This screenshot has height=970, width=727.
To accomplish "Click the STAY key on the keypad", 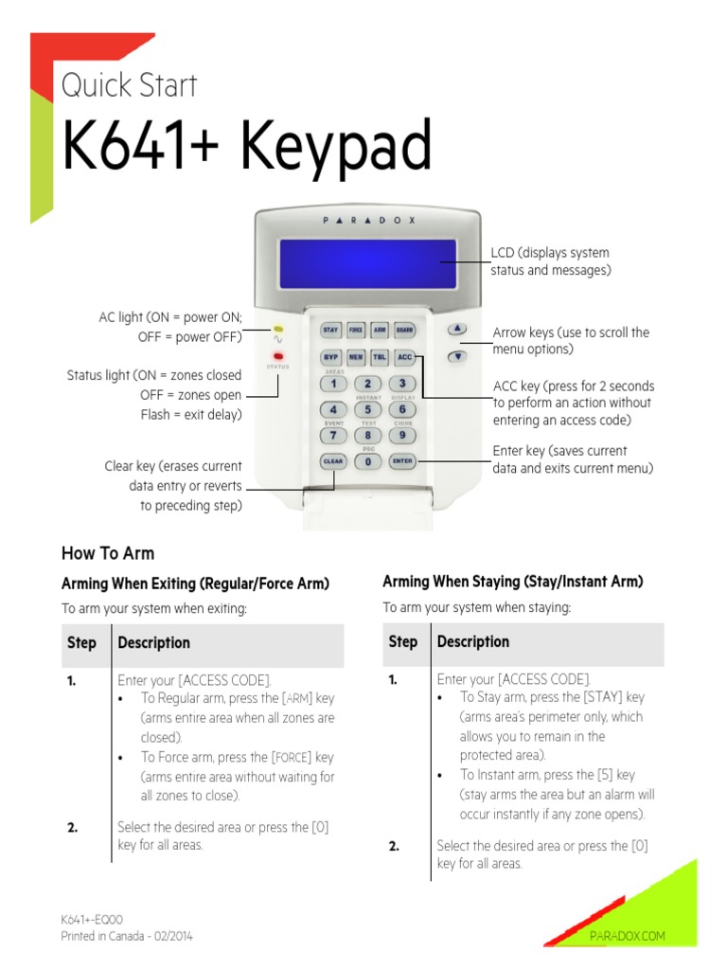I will [330, 330].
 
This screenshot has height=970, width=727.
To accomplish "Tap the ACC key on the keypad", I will [404, 357].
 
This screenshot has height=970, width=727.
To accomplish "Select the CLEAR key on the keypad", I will [332, 461].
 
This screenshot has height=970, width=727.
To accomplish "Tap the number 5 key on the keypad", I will [367, 409].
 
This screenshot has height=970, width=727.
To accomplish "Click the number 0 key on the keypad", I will [367, 461].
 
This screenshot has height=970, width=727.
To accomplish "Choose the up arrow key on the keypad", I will [457, 329].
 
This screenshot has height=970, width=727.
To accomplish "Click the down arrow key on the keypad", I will [457, 357].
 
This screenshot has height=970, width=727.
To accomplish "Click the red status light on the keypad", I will [278, 356].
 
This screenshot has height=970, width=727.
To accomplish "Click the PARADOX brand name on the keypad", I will [367, 219].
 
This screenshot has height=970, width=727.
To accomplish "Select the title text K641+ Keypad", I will [246, 147].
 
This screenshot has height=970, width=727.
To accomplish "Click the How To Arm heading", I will [108, 553].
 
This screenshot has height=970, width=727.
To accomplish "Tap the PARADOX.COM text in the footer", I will [628, 936].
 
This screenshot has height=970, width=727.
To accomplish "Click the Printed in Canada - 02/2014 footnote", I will [127, 936].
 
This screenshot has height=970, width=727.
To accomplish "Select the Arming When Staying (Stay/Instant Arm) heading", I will [512, 581].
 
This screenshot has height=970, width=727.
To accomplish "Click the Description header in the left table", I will [153, 642].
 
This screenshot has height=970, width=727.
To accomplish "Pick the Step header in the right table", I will [402, 641].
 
